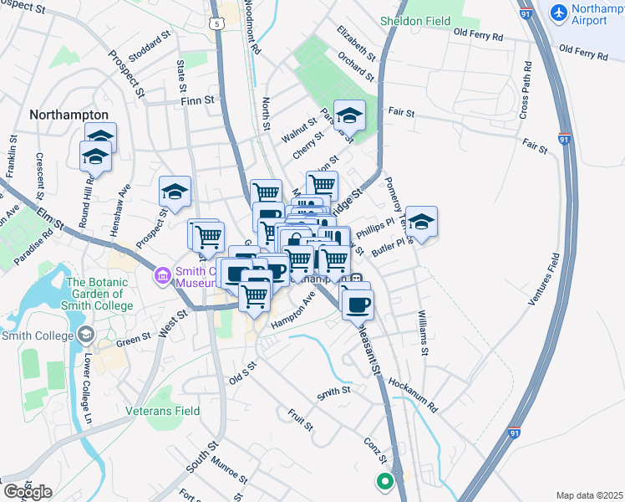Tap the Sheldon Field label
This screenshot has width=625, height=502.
pyautogui.click(x=414, y=20)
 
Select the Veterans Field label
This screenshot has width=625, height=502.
pyautogui.click(x=163, y=411)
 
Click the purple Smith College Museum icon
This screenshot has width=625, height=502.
pyautogui.click(x=160, y=274)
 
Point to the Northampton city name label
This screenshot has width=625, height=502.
pyautogui.click(x=69, y=115)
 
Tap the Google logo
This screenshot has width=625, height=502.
pyautogui.click(x=27, y=492)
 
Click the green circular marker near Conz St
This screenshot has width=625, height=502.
pyautogui.click(x=384, y=481)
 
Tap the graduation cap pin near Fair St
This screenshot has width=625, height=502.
pyautogui.click(x=349, y=115)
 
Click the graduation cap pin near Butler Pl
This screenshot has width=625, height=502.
pyautogui.click(x=422, y=222)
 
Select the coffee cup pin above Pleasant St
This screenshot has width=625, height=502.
pyautogui.click(x=358, y=305)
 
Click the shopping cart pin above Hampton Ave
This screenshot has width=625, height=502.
pyautogui.click(x=255, y=295)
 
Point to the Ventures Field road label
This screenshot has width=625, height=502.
pyautogui.click(x=542, y=284)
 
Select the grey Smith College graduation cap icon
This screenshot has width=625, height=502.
pyautogui.click(x=84, y=336)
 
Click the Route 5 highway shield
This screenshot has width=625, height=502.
pyautogui.click(x=218, y=25)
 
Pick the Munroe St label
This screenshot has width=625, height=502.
pyautogui.click(x=229, y=471)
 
